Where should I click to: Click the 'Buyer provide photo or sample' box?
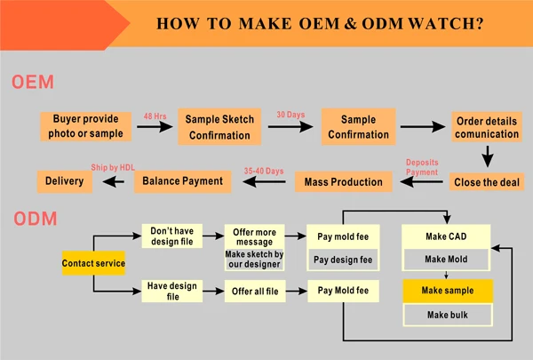tap(85, 126)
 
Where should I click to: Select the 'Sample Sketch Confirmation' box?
tap(219, 127)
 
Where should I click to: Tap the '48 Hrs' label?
tap(155, 116)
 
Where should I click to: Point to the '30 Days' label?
tap(290, 115)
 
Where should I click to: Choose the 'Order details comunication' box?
tap(487, 127)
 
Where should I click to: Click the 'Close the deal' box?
tap(487, 182)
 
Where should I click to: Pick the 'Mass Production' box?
tap(343, 182)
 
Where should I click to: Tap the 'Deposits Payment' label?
tap(422, 167)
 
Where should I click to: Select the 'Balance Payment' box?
tap(182, 181)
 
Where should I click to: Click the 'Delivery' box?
tap(65, 181)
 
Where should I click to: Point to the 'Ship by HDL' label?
tap(113, 167)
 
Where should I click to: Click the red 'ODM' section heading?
tap(36, 219)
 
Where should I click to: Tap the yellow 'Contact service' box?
tap(93, 263)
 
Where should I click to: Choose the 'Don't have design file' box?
tap(172, 236)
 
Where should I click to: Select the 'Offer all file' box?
tap(255, 292)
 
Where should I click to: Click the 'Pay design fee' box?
tap(343, 260)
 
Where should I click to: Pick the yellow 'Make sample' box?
tap(448, 291)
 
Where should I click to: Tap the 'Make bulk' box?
tap(448, 315)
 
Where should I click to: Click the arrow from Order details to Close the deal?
tap(488, 156)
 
